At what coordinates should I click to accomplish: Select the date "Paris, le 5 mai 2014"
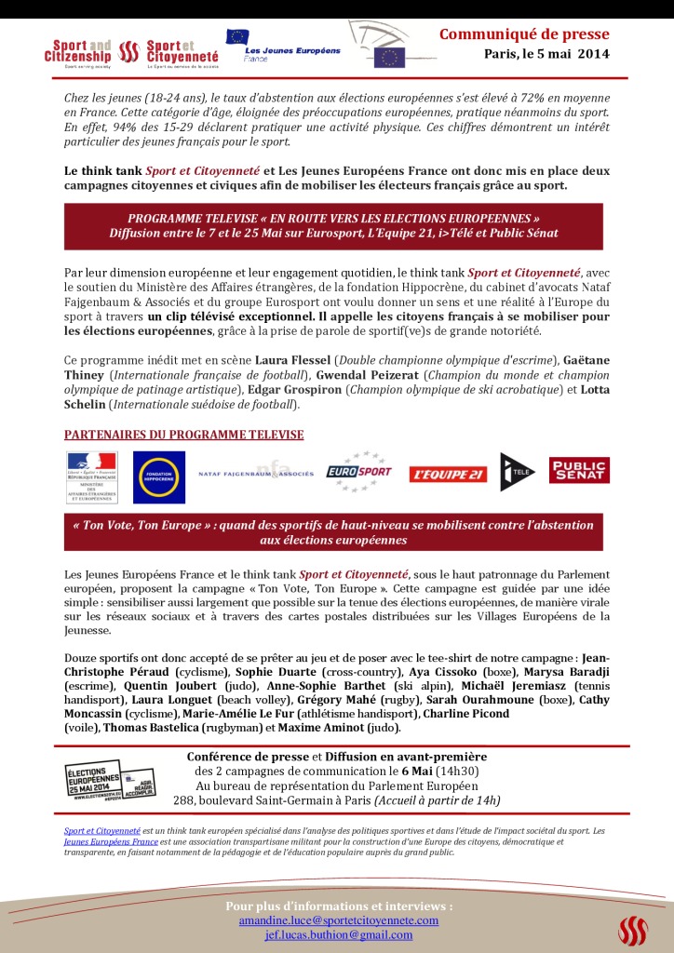pos(546,54)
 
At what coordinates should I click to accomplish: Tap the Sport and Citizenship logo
pos(81,49)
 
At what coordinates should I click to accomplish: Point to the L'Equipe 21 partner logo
pos(448,475)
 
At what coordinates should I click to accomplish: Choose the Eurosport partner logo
pos(358,473)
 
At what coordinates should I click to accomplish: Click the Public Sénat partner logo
pos(579,471)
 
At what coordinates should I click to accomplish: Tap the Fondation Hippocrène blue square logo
pos(158,476)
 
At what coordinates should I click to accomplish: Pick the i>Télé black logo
pos(517,472)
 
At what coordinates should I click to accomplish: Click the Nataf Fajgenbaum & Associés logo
pos(256,473)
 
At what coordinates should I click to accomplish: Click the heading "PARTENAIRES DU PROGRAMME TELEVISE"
pos(183,435)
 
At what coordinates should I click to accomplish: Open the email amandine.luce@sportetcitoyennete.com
pos(338,920)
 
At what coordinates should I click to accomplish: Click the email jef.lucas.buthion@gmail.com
pos(338,934)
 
